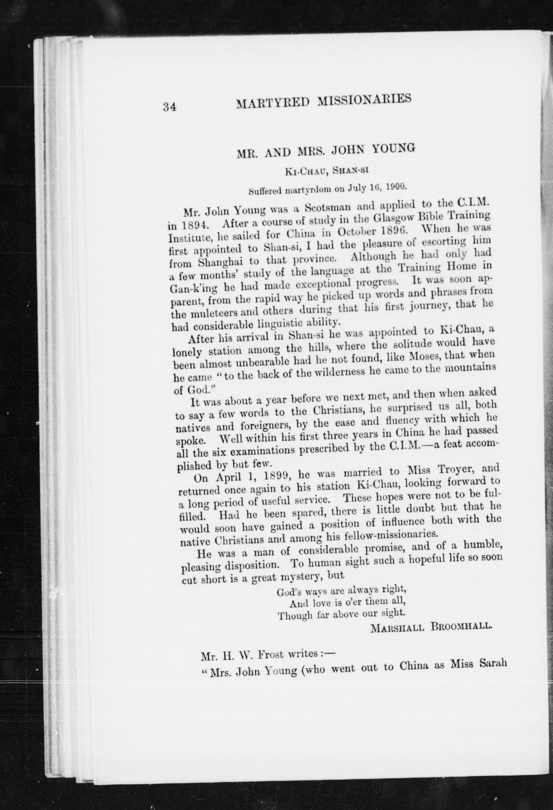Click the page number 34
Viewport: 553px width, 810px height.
click(169, 107)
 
